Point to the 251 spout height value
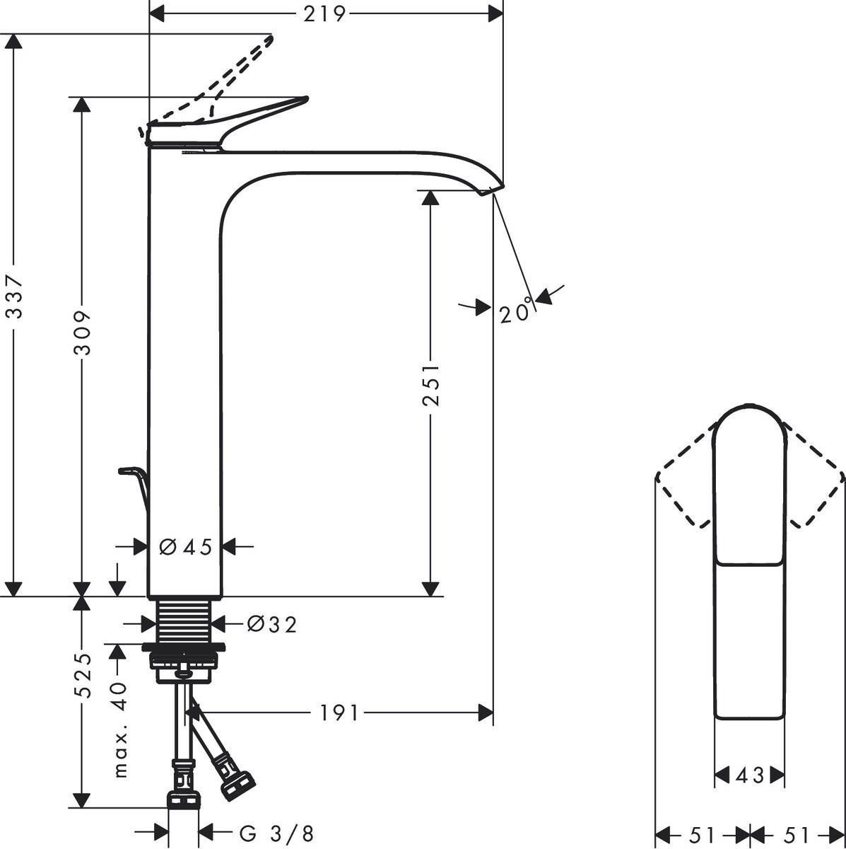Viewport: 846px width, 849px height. (430, 385)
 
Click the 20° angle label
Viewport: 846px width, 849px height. (515, 312)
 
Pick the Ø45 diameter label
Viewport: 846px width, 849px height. (185, 547)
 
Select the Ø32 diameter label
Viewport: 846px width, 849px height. (271, 624)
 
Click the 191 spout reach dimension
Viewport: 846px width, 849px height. (340, 712)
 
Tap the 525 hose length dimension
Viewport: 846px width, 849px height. (83, 676)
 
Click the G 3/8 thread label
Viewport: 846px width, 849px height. (276, 833)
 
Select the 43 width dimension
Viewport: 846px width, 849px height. (750, 775)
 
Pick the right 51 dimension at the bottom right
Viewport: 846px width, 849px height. (797, 833)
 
